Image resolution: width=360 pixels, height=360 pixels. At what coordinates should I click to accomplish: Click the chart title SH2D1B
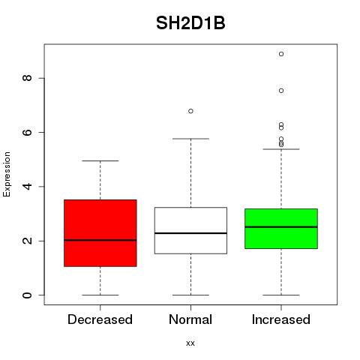pyautogui.click(x=190, y=23)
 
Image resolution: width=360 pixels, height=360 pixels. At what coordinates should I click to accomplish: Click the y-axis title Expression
pyautogui.click(x=7, y=174)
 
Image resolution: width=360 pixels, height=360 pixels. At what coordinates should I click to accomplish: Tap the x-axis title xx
pyautogui.click(x=190, y=343)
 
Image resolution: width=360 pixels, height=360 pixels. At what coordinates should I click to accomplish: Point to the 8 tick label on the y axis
pyautogui.click(x=27, y=78)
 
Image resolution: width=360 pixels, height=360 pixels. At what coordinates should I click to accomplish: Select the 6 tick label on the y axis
pyautogui.click(x=27, y=132)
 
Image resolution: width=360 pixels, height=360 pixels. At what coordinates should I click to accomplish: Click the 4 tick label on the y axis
pyautogui.click(x=27, y=187)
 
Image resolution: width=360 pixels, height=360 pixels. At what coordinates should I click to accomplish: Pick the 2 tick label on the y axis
pyautogui.click(x=27, y=241)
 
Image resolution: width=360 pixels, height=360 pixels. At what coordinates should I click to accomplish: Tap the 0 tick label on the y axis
pyautogui.click(x=27, y=295)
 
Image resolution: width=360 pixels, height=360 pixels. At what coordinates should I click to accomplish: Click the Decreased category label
pyautogui.click(x=100, y=319)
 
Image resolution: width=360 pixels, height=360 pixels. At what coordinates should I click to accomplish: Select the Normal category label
pyautogui.click(x=190, y=319)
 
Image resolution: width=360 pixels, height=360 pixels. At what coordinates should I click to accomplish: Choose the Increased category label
pyautogui.click(x=281, y=319)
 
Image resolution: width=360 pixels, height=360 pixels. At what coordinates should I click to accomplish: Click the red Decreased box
pyautogui.click(x=100, y=233)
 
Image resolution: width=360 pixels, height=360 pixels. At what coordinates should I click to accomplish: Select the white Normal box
pyautogui.click(x=190, y=230)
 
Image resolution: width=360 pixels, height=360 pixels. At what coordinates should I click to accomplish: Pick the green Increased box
pyautogui.click(x=281, y=229)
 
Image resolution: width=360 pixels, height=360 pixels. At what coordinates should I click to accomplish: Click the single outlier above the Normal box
pyautogui.click(x=190, y=111)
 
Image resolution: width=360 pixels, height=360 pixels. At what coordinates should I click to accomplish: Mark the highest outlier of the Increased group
pyautogui.click(x=281, y=54)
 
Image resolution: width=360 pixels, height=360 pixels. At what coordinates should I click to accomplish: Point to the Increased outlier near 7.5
pyautogui.click(x=281, y=91)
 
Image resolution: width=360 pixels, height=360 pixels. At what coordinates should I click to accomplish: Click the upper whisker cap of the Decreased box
pyautogui.click(x=100, y=160)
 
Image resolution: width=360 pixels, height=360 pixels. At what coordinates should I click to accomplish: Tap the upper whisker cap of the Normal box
pyautogui.click(x=190, y=139)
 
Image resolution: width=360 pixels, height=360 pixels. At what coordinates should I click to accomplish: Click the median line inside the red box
pyautogui.click(x=100, y=240)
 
